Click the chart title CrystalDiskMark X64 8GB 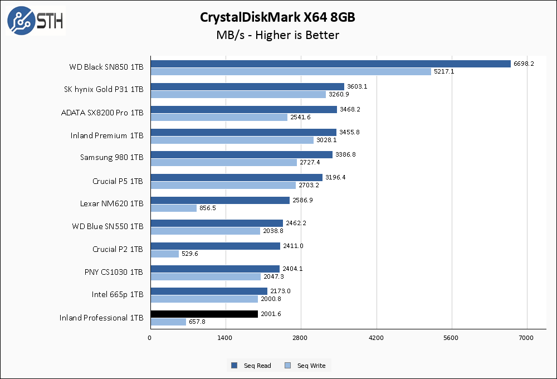pyautogui.click(x=278, y=17)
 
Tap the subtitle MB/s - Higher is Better pyautogui.click(x=278, y=35)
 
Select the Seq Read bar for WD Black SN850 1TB pyautogui.click(x=330, y=64)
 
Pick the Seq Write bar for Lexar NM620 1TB pyautogui.click(x=173, y=208)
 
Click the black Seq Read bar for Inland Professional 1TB pyautogui.click(x=204, y=314)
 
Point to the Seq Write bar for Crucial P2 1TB pyautogui.click(x=164, y=254)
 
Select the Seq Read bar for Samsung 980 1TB pyautogui.click(x=241, y=154)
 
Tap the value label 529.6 pyautogui.click(x=190, y=254)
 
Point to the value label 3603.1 pyautogui.click(x=358, y=86)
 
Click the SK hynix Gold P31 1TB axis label pyautogui.click(x=104, y=89)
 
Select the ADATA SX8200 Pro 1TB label pyautogui.click(x=102, y=112)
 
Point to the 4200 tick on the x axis pyautogui.click(x=377, y=338)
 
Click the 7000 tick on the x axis pyautogui.click(x=527, y=338)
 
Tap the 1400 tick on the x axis pyautogui.click(x=226, y=338)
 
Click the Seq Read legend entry pyautogui.click(x=252, y=366)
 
